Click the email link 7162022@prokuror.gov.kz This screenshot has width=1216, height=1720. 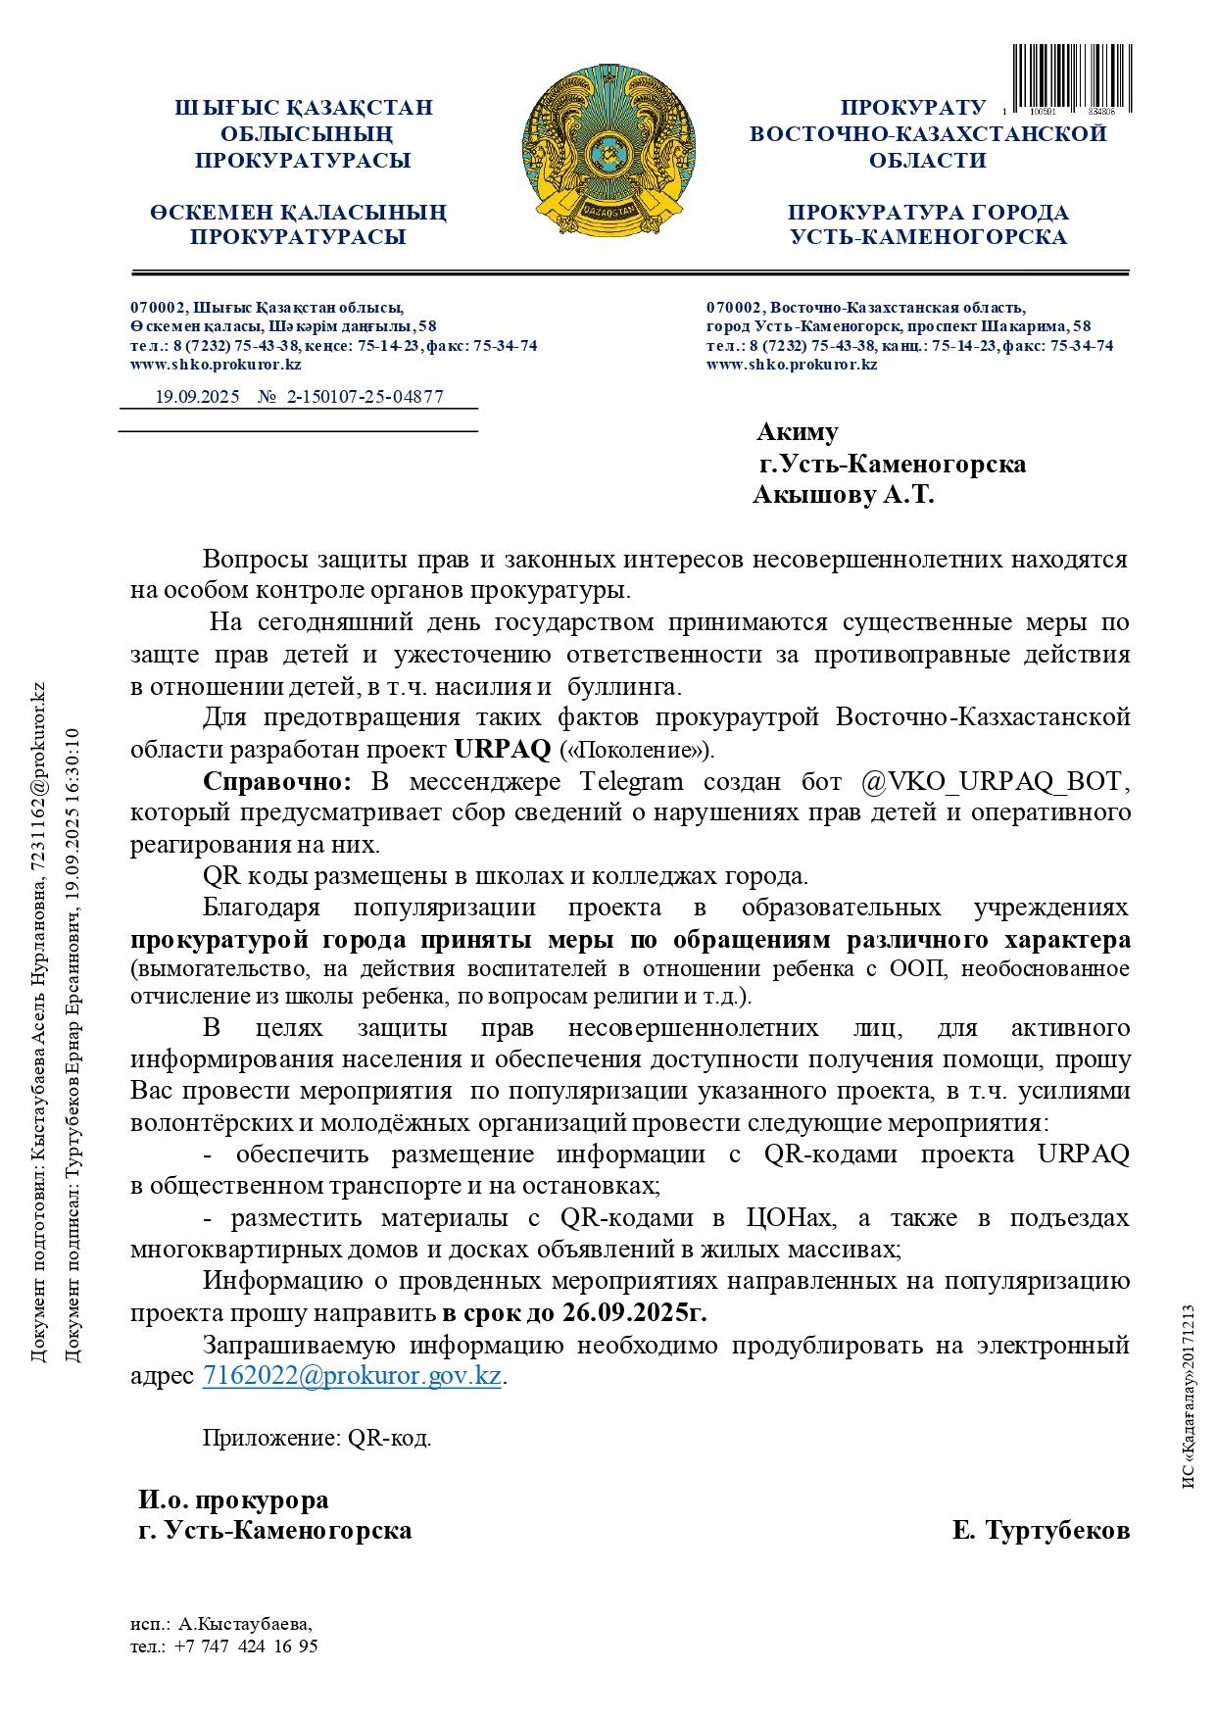[352, 1375]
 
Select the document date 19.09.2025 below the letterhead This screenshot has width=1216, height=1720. [198, 397]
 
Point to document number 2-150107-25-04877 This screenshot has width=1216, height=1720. [365, 397]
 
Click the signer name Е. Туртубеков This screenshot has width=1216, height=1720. [1041, 1530]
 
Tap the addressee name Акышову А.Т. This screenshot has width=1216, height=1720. [843, 495]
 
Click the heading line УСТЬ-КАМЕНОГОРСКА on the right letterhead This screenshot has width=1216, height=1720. [928, 237]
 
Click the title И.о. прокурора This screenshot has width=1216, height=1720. [233, 1499]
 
